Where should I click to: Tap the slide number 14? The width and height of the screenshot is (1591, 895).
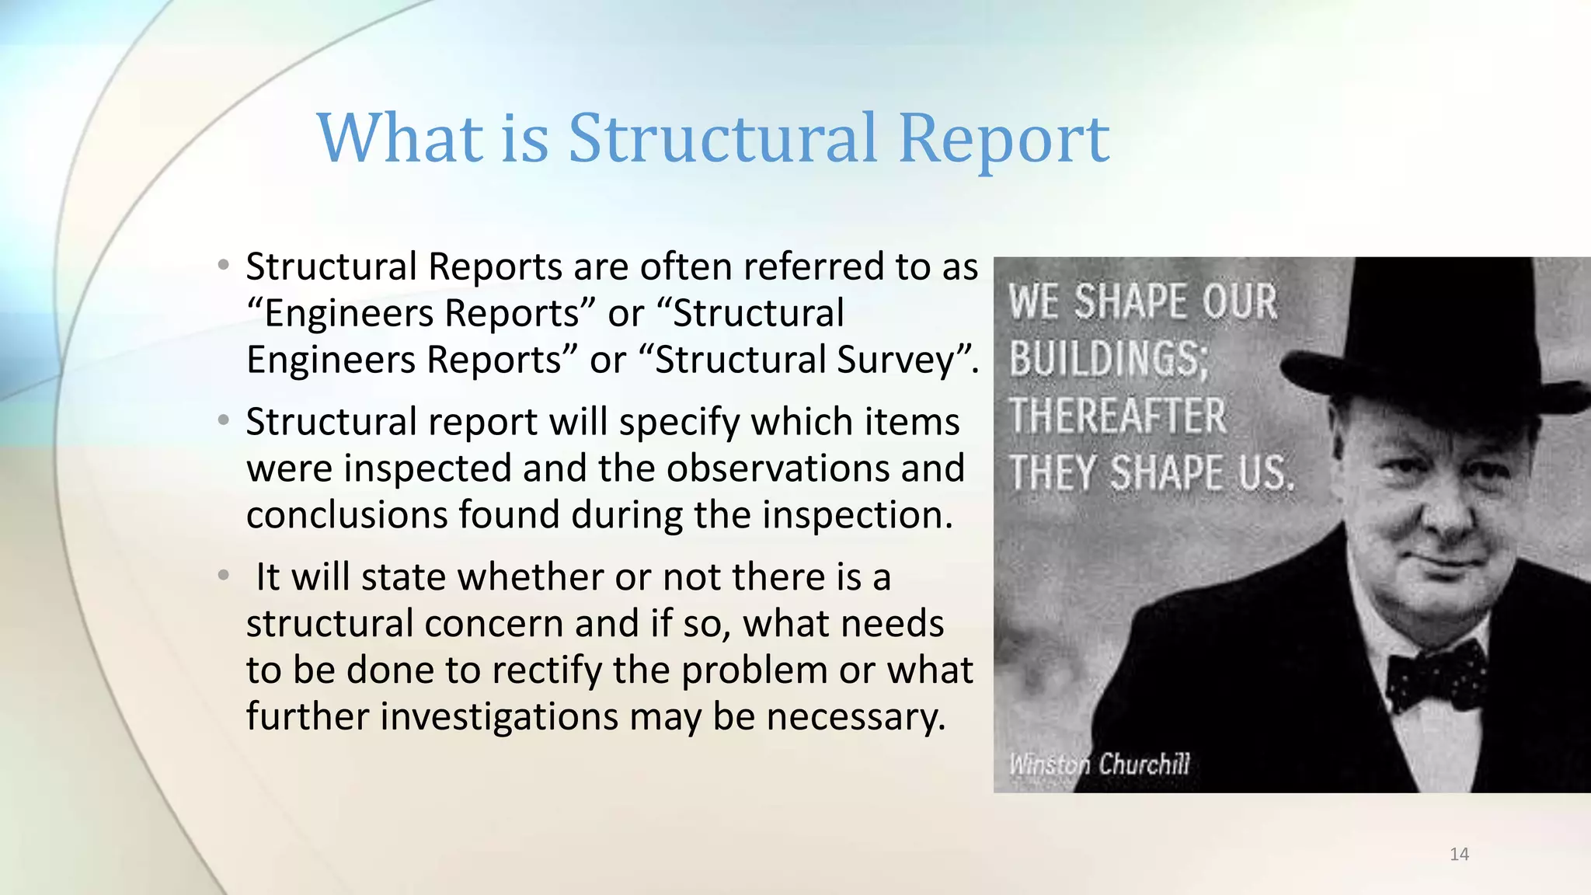(1459, 855)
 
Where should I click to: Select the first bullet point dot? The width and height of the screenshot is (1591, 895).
(224, 266)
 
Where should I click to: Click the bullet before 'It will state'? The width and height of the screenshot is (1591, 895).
(224, 576)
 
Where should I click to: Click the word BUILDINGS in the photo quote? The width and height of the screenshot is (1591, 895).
(1107, 360)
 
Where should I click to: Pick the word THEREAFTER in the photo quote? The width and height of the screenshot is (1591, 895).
(1117, 416)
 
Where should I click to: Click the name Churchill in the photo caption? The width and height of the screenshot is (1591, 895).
(1144, 764)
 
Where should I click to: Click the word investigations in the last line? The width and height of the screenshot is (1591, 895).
(499, 716)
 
